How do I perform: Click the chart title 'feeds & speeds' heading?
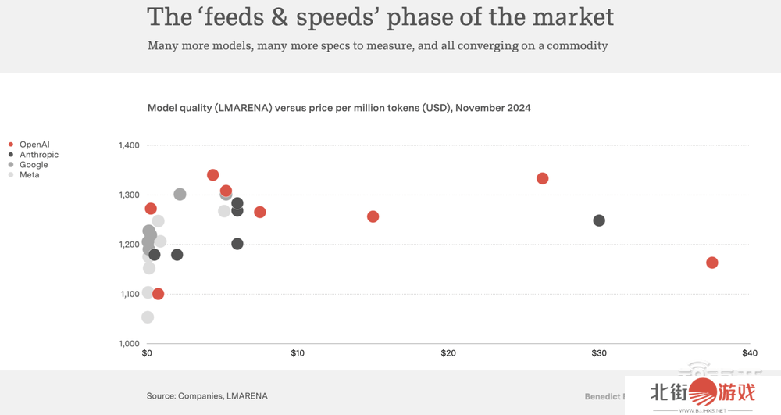[380, 17]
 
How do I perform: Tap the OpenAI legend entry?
[34, 145]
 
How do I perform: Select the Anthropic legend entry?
[38, 155]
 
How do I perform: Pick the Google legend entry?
[34, 165]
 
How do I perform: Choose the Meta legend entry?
[30, 175]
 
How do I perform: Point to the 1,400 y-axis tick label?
[129, 145]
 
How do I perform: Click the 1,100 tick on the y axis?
[129, 294]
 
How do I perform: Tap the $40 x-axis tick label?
[748, 354]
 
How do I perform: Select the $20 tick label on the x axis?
[448, 354]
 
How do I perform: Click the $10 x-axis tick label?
[298, 354]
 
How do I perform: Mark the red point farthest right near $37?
[711, 263]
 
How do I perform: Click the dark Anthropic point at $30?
[599, 220]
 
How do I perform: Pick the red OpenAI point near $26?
[543, 178]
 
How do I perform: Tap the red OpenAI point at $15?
[373, 216]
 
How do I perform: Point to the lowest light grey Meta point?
[148, 317]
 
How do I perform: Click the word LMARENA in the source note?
[247, 396]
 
